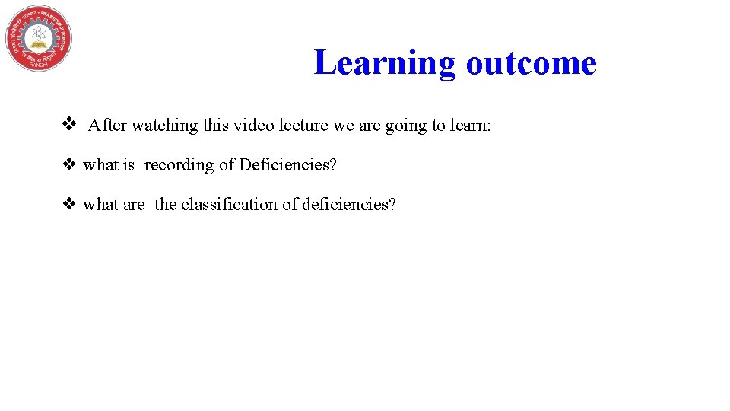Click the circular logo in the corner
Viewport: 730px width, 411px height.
pyautogui.click(x=39, y=39)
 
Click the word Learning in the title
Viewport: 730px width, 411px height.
pyautogui.click(x=385, y=62)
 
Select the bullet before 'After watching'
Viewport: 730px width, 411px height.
pyautogui.click(x=68, y=124)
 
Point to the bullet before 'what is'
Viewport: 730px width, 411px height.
pyautogui.click(x=68, y=164)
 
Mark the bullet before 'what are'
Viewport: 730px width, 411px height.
pyautogui.click(x=68, y=204)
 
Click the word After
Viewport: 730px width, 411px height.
pyautogui.click(x=107, y=126)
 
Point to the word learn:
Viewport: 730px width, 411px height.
pyautogui.click(x=471, y=126)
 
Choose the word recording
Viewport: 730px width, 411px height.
pyautogui.click(x=179, y=165)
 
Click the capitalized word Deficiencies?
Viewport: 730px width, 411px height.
pyautogui.click(x=287, y=165)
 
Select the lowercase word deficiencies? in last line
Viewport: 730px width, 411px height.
pyautogui.click(x=349, y=205)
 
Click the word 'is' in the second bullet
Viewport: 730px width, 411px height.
pyautogui.click(x=129, y=165)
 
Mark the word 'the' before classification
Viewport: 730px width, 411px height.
pyautogui.click(x=166, y=205)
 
